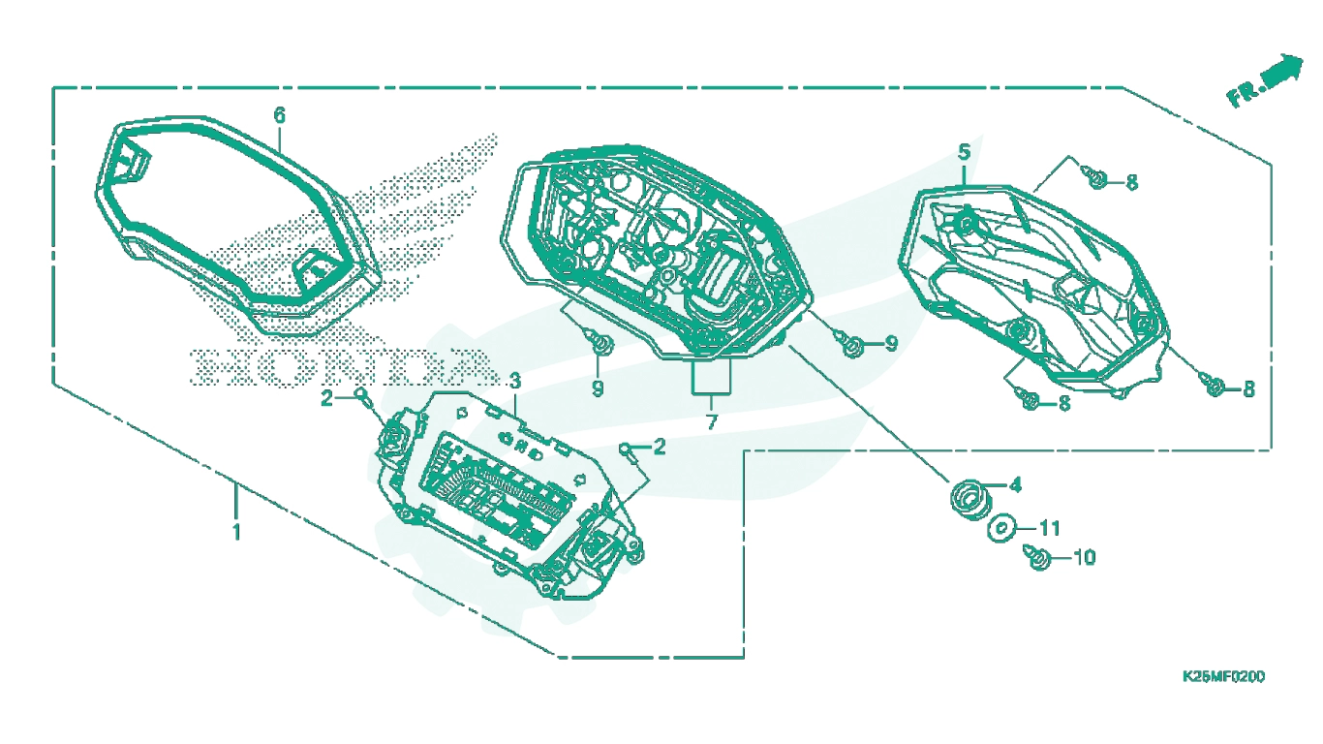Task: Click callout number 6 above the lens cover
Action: (x=279, y=115)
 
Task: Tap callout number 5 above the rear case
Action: (x=964, y=152)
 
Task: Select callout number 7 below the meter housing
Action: (x=711, y=422)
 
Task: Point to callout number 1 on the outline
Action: (x=236, y=532)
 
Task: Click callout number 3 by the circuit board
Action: (x=515, y=381)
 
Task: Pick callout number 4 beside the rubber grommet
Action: (x=1015, y=485)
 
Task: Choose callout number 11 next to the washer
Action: (x=1049, y=528)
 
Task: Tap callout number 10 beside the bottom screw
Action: (x=1084, y=557)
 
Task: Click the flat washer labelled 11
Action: (x=1001, y=528)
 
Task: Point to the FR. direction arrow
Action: (x=1265, y=80)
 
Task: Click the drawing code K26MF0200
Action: (x=1223, y=676)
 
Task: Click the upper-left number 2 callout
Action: (x=326, y=398)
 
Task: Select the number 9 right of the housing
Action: (x=891, y=343)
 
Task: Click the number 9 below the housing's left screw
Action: (x=598, y=388)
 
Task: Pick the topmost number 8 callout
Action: (x=1131, y=182)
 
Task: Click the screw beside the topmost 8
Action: (x=1095, y=177)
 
